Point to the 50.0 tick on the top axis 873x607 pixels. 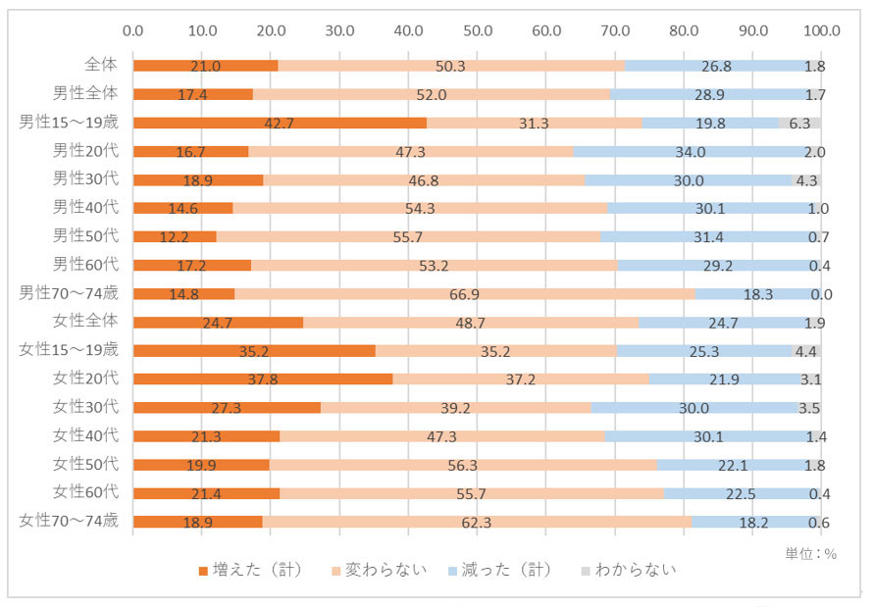pos(478,29)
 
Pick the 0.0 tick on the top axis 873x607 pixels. pos(134,29)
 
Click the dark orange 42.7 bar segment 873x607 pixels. pos(280,123)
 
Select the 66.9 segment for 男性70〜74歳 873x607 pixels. pos(465,293)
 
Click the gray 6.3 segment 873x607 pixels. pos(799,123)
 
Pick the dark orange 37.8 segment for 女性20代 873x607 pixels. pos(263,379)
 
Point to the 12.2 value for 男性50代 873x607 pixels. pos(176,236)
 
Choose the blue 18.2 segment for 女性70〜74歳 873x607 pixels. pos(753,521)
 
